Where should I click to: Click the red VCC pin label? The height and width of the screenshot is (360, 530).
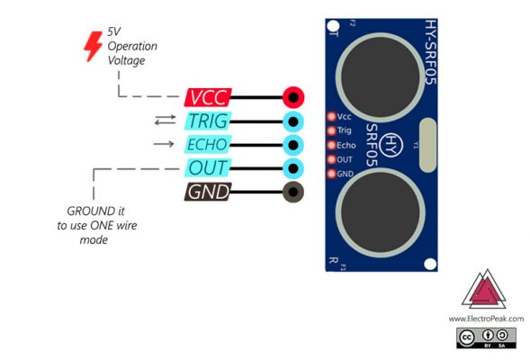pyautogui.click(x=208, y=97)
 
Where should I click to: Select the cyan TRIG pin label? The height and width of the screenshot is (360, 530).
pyautogui.click(x=207, y=121)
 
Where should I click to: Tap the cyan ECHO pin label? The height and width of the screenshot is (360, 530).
pyautogui.click(x=206, y=144)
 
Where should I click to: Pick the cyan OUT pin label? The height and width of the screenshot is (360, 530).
pyautogui.click(x=208, y=167)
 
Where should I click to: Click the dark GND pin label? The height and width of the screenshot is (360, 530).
pyautogui.click(x=208, y=192)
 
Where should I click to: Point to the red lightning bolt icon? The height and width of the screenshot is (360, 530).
pyautogui.click(x=92, y=44)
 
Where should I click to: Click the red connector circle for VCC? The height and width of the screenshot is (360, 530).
pyautogui.click(x=292, y=97)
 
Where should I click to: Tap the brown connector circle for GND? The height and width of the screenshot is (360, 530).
pyautogui.click(x=292, y=192)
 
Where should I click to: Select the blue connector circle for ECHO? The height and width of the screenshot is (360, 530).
pyautogui.click(x=292, y=144)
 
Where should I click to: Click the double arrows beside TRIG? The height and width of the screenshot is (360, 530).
pyautogui.click(x=165, y=120)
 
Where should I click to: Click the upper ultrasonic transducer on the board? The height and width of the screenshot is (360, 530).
pyautogui.click(x=377, y=74)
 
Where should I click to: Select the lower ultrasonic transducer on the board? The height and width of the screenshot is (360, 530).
pyautogui.click(x=377, y=211)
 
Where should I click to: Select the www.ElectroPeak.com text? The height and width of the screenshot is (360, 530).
pyautogui.click(x=486, y=319)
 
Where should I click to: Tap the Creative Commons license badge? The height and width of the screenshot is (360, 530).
pyautogui.click(x=486, y=337)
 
